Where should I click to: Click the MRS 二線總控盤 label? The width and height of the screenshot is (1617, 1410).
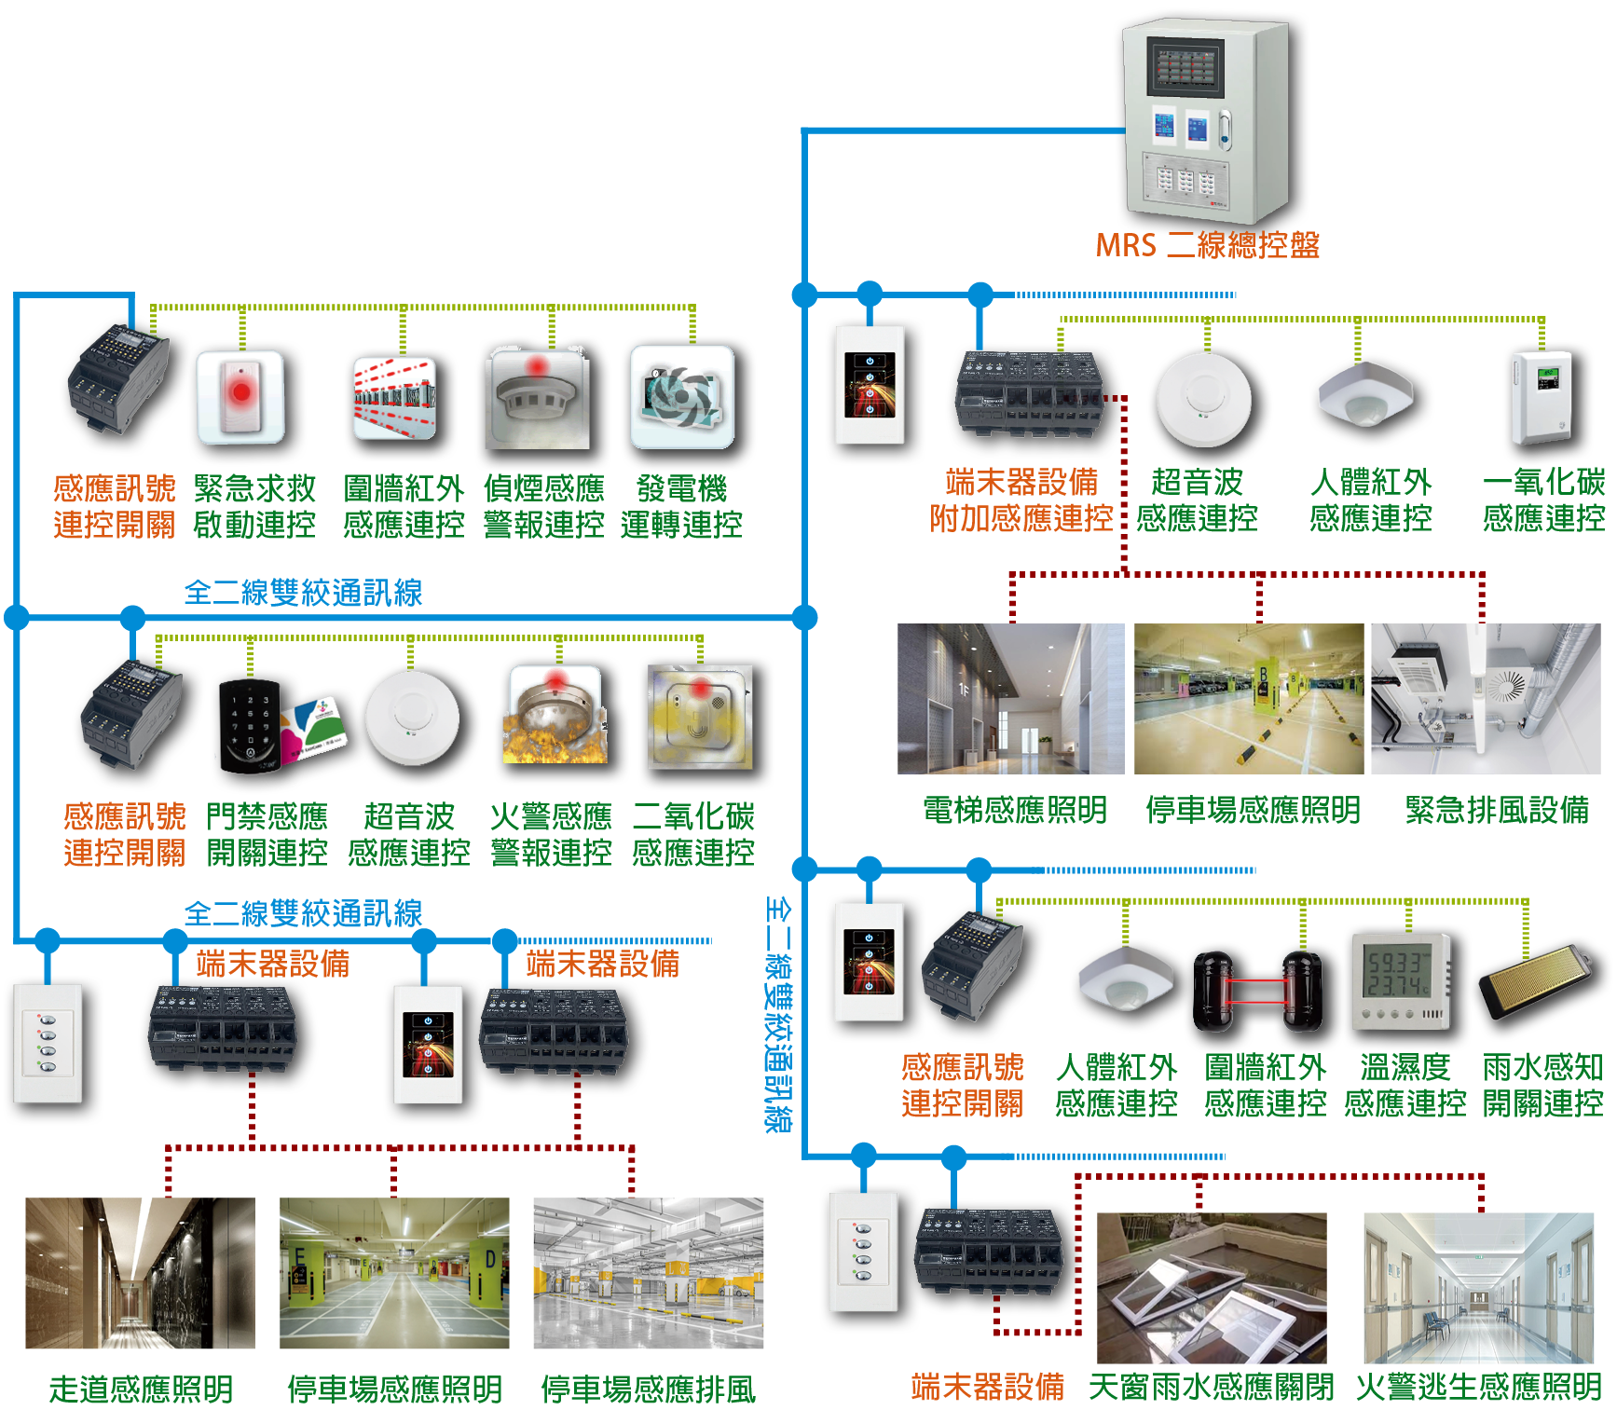click(x=1207, y=245)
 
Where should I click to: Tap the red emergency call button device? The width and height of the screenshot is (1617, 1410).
click(x=240, y=396)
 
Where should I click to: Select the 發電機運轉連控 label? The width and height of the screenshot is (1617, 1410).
click(x=681, y=507)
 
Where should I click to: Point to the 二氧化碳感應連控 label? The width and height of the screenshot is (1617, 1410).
click(x=693, y=834)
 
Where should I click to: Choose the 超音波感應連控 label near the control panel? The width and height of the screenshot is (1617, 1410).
click(x=1197, y=500)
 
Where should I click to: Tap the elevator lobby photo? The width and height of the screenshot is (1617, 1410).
click(x=1010, y=699)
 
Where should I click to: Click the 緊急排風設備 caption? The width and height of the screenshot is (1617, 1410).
click(x=1497, y=810)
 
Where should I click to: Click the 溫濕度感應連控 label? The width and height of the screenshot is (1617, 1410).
click(x=1405, y=1085)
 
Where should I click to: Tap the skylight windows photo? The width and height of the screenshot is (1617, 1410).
click(x=1212, y=1288)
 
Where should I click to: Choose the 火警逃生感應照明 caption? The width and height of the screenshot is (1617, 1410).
click(x=1478, y=1388)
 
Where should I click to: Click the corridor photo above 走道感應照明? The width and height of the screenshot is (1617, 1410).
click(x=140, y=1273)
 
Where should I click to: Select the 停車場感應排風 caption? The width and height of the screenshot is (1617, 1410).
click(x=648, y=1389)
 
